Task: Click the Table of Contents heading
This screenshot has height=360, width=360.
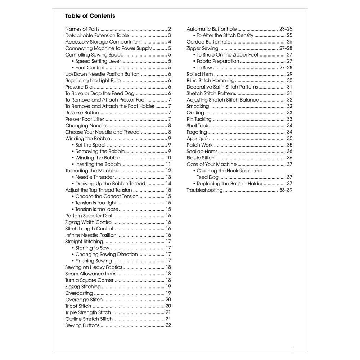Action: pos(90,16)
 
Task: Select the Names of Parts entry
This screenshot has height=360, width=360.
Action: pos(82,29)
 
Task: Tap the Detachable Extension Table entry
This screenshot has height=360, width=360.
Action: pos(97,36)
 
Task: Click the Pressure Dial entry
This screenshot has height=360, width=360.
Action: pos(79,87)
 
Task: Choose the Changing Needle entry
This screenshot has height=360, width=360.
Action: pos(86,126)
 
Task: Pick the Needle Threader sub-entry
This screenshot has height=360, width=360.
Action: pos(95,177)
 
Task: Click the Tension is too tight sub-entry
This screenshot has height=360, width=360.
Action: pos(96,203)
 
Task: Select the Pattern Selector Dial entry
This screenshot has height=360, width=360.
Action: pos(89,216)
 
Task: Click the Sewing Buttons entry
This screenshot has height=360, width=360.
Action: pos(82,325)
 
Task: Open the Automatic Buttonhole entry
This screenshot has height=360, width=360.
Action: pos(212,29)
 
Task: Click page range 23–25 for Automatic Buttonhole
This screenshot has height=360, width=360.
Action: pos(285,29)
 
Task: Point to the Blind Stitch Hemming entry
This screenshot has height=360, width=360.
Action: pos(210,81)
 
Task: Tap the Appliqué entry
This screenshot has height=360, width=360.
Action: pos(197,139)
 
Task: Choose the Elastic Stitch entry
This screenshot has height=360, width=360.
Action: pos(201,158)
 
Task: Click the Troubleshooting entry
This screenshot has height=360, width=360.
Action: pos(204,190)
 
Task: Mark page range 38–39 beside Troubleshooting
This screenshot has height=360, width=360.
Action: pos(285,190)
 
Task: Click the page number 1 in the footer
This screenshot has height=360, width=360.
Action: pos(292,349)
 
